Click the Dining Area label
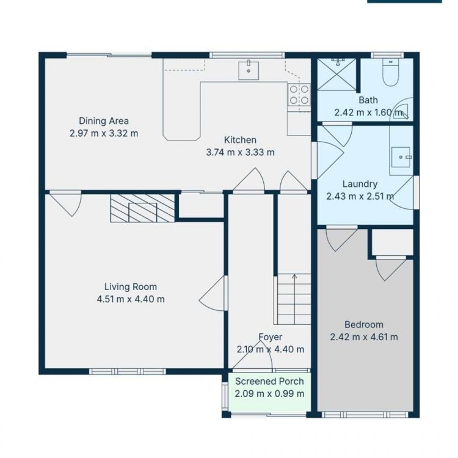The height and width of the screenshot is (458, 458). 104,121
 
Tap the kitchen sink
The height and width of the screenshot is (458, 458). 249,70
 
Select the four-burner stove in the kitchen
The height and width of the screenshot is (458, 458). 299,95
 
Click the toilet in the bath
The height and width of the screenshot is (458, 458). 390,72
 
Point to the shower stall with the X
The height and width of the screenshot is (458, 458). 336,74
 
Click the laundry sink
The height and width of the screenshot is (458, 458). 401,157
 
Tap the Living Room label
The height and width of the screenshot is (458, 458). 131,287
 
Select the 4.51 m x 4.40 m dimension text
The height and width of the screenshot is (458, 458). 131,299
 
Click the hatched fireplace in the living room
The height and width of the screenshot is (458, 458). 142,208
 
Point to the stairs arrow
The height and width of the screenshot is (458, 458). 294,299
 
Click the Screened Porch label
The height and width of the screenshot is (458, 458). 269,381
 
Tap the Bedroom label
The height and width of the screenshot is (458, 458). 364,324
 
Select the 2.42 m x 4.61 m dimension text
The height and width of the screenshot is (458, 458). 364,337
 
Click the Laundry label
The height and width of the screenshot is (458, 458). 360,184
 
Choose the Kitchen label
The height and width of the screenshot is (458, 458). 240,140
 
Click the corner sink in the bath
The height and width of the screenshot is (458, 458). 401,111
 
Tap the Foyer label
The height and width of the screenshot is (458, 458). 271,337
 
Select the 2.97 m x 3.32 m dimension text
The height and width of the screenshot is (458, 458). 104,134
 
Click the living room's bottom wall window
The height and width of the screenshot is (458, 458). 128,371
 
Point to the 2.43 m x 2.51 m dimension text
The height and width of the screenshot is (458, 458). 360,196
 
